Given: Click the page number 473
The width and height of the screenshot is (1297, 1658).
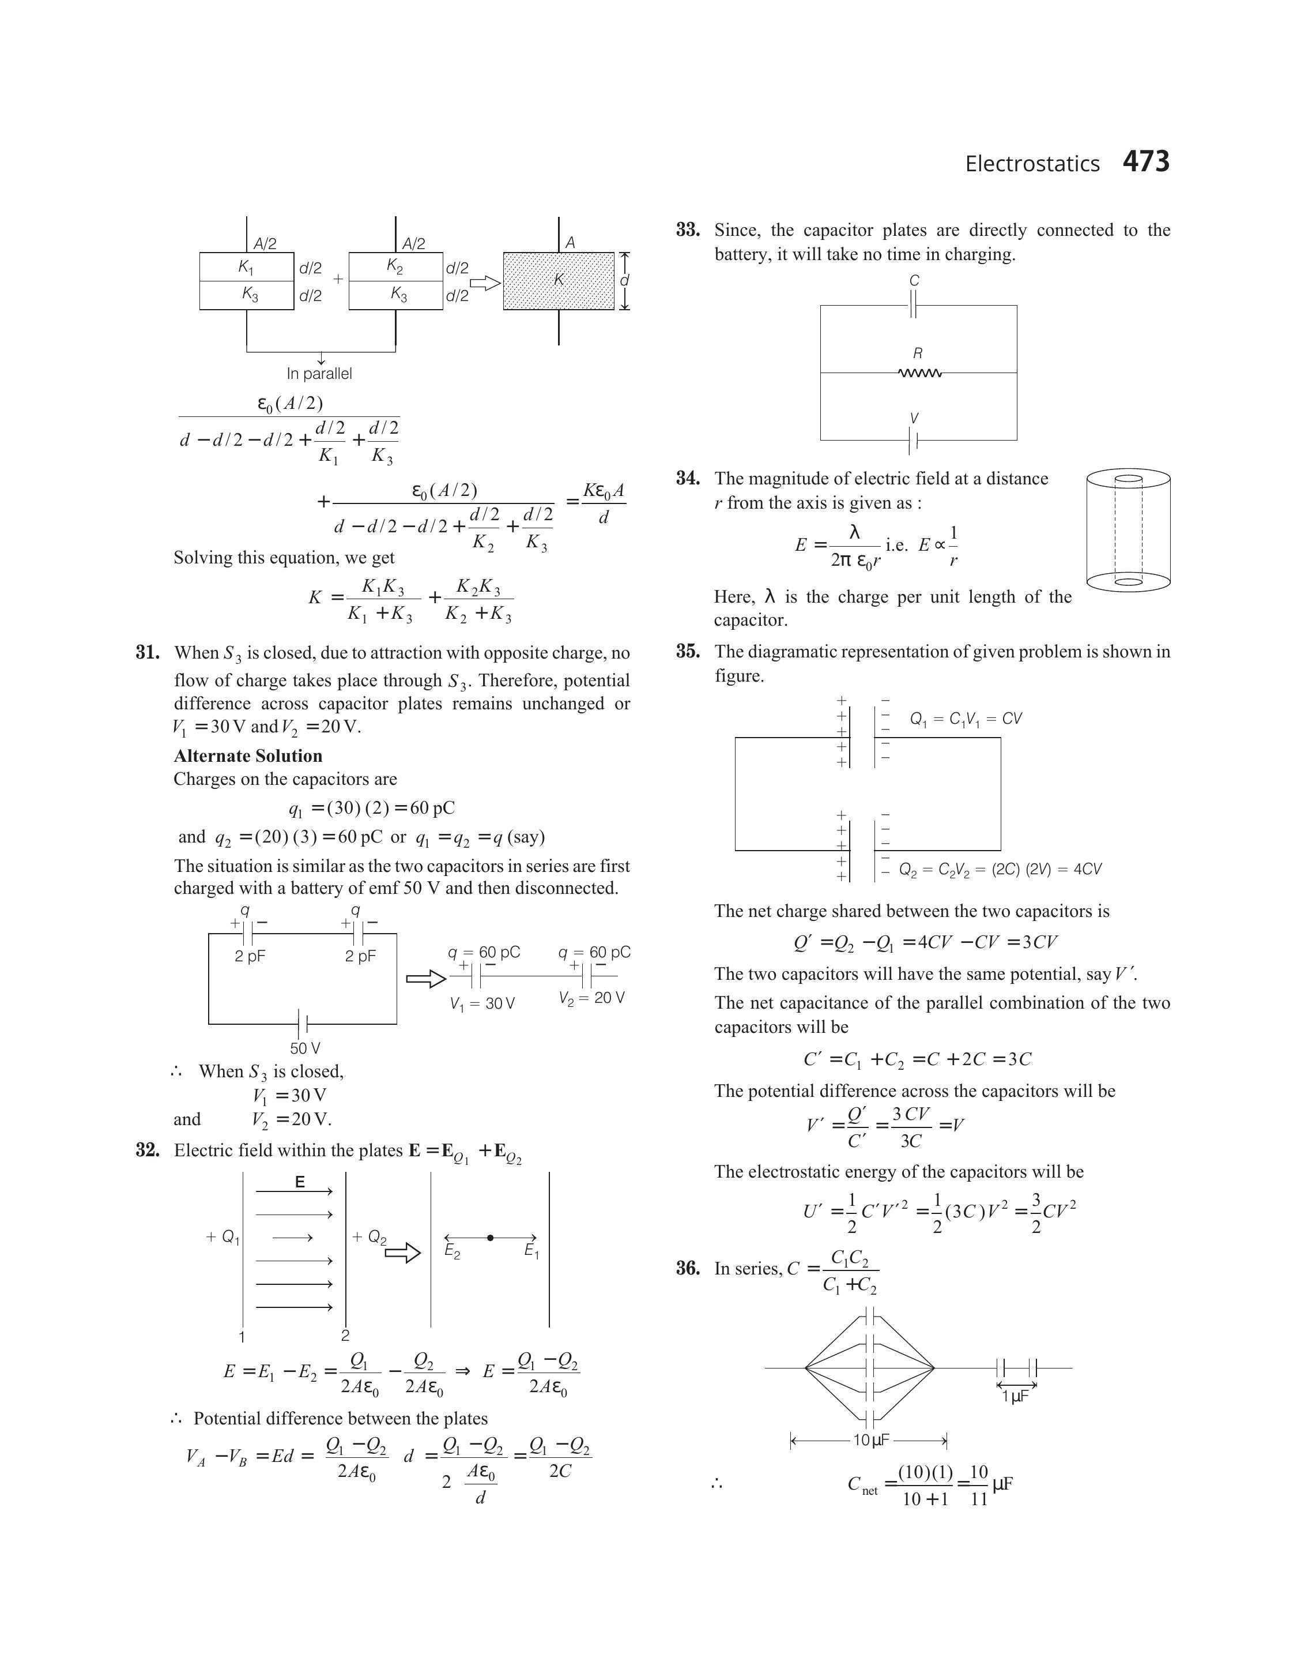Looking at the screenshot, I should [1146, 162].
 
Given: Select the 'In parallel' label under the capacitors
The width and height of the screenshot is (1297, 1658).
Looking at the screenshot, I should [319, 374].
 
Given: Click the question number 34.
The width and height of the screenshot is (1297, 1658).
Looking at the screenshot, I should [688, 479].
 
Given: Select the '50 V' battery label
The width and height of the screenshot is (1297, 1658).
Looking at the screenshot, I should [304, 1048].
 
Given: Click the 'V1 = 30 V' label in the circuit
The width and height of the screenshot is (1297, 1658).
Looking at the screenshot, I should [482, 1004].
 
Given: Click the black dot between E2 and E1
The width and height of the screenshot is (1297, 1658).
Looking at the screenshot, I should [491, 1238].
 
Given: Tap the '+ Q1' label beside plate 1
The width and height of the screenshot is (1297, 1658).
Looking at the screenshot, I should [223, 1237].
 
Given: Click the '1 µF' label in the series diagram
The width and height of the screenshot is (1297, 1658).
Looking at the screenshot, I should [1015, 1396].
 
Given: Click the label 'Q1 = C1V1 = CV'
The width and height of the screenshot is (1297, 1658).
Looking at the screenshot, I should [966, 719].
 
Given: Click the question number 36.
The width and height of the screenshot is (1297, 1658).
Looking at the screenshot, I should [688, 1268].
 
